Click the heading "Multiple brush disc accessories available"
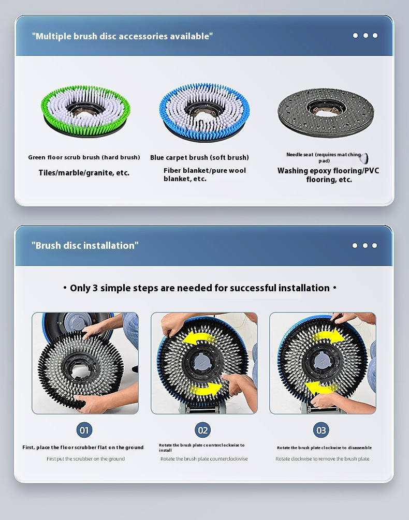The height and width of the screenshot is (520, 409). point(122,36)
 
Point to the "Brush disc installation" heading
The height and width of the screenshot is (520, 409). point(85,245)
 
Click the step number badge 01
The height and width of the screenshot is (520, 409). point(84,430)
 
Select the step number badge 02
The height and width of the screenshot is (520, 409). point(202,430)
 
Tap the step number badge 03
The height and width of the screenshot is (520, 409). point(321,430)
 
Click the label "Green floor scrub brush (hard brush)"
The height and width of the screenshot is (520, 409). point(84,157)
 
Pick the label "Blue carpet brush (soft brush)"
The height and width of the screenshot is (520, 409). point(199,157)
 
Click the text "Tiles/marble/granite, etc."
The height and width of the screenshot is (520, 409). point(84,173)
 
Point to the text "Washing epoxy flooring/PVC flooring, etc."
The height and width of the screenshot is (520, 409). point(328,175)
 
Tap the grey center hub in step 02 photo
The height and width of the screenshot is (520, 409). point(202,361)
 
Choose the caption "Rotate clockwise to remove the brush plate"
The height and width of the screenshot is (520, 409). point(323,458)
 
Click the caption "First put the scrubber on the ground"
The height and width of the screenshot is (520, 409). point(85,458)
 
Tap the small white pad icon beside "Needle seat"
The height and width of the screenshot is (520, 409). point(364,158)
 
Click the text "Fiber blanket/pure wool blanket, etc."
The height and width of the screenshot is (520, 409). point(204,174)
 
